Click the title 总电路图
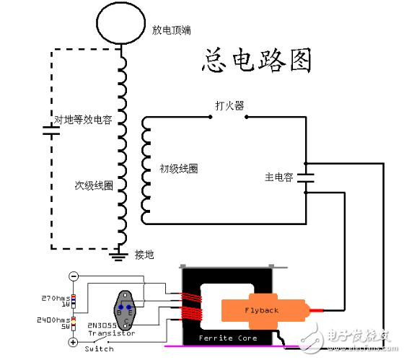tap(256, 61)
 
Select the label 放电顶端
tap(171, 30)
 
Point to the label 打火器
tap(229, 106)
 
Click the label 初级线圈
tap(179, 169)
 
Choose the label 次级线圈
tap(93, 185)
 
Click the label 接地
tap(144, 255)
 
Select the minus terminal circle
tap(73, 276)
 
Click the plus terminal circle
tap(73, 341)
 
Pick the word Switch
tap(99, 348)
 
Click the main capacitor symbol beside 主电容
tap(307, 177)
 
